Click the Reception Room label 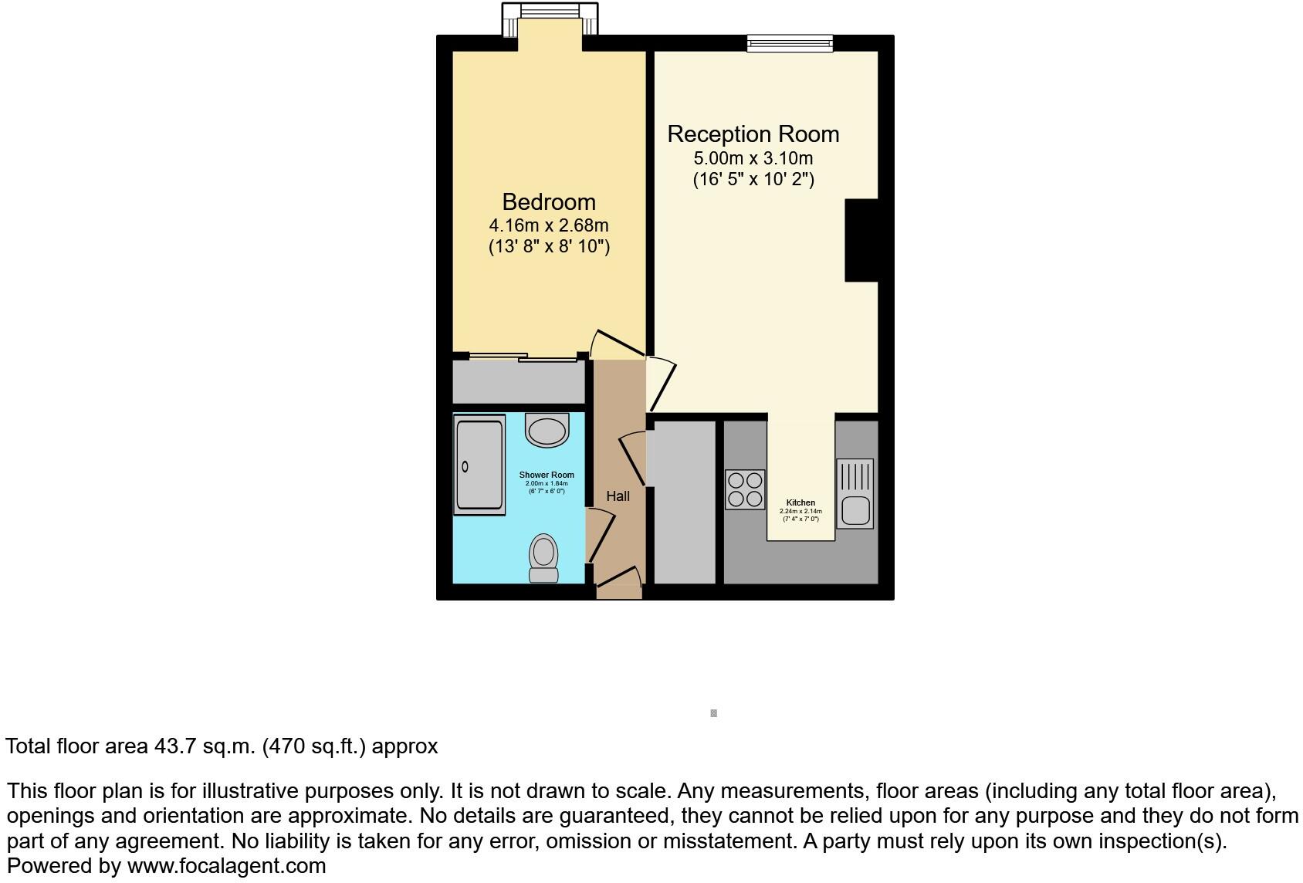click(753, 134)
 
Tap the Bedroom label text click(549, 202)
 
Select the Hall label click(618, 496)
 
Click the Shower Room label click(547, 475)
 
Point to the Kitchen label click(800, 502)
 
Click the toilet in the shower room click(544, 557)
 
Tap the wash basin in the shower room click(547, 431)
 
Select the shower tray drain click(465, 466)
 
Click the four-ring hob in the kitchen click(745, 489)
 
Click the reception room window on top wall click(790, 43)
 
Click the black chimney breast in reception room click(861, 240)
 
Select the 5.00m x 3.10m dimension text click(753, 158)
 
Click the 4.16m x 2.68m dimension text click(549, 225)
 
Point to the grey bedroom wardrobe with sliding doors click(519, 381)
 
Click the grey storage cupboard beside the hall click(685, 502)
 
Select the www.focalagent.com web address click(226, 866)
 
